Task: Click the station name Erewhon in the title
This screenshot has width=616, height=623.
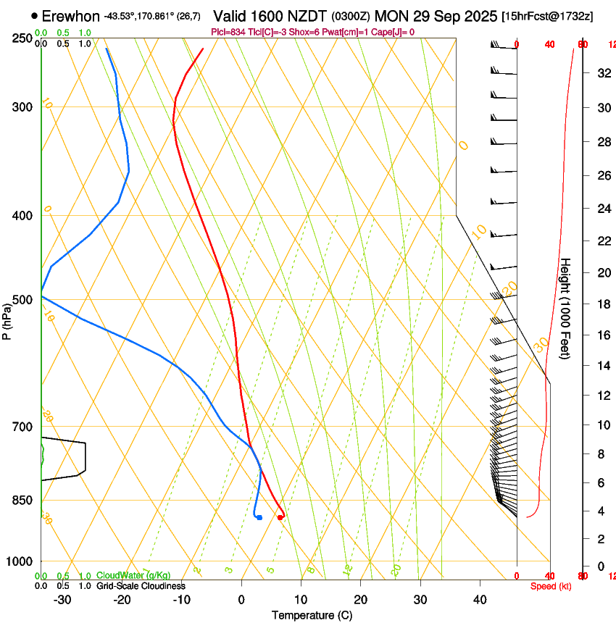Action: (x=70, y=16)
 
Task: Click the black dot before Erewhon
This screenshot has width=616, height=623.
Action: (x=34, y=15)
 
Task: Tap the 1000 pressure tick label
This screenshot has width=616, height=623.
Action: (x=20, y=561)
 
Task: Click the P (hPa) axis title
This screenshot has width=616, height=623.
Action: (x=7, y=319)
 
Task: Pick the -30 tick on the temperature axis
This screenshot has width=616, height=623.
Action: (x=62, y=599)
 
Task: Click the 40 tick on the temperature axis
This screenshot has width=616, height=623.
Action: (x=480, y=599)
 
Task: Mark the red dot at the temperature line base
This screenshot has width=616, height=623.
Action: (x=280, y=517)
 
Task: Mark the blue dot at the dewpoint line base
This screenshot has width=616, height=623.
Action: (x=259, y=517)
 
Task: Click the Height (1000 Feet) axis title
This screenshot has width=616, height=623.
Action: (x=566, y=308)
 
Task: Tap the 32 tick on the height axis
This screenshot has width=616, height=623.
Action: (x=602, y=73)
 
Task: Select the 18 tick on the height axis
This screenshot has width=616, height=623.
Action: (x=602, y=304)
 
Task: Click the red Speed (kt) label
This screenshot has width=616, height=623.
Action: (x=551, y=586)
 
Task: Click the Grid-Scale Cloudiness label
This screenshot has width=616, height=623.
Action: (x=141, y=586)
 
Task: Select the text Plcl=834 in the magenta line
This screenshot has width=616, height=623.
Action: (x=228, y=32)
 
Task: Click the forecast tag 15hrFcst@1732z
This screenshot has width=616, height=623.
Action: (x=547, y=16)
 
